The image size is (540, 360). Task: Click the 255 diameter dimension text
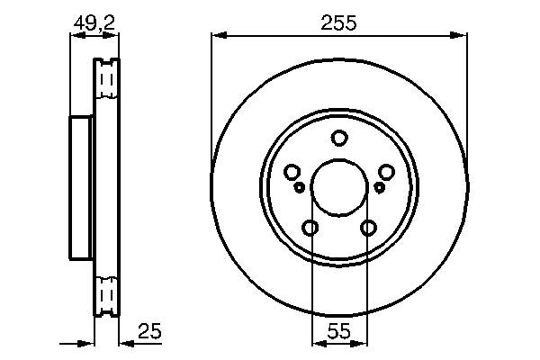click(339, 24)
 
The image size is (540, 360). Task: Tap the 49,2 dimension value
click(94, 24)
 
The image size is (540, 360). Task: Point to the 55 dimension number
click(339, 332)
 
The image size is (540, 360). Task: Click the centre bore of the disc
click(338, 187)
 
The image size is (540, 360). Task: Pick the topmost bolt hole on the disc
click(338, 138)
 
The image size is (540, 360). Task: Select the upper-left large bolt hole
click(292, 172)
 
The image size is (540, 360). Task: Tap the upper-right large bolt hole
click(386, 172)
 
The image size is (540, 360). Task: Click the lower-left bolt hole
click(310, 228)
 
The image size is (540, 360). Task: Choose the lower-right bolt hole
click(368, 228)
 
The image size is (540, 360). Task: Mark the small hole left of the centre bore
click(299, 187)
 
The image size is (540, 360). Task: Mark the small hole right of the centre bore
click(379, 187)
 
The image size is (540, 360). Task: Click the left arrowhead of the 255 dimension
click(217, 36)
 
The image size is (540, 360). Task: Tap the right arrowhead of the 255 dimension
click(462, 36)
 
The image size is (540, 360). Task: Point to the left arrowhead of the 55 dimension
click(316, 343)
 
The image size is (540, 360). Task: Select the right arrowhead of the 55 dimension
click(362, 343)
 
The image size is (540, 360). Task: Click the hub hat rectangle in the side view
click(82, 188)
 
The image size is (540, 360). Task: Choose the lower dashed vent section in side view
click(106, 295)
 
